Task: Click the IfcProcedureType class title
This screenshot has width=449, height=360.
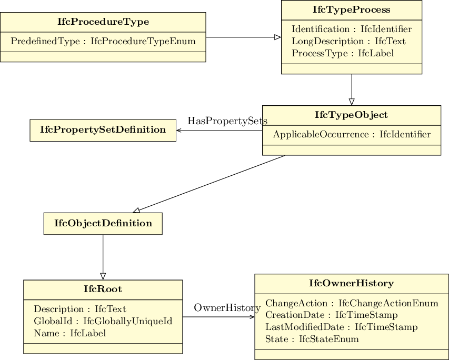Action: (103, 22)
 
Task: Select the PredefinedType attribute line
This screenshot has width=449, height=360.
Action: (103, 41)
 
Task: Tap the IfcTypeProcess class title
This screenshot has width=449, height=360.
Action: (352, 9)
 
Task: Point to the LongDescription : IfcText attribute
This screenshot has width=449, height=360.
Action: (348, 41)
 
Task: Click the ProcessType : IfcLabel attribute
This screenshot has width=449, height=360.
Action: (343, 53)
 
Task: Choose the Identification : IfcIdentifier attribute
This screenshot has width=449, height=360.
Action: (352, 29)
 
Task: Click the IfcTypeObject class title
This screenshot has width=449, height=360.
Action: (352, 115)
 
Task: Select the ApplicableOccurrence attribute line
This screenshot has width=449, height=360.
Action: (352, 134)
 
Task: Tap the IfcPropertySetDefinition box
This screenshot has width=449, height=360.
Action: (103, 130)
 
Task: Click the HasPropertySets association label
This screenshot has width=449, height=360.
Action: (227, 121)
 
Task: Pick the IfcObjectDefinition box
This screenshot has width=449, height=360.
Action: (103, 223)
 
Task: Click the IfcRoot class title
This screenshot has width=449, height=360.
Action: (103, 289)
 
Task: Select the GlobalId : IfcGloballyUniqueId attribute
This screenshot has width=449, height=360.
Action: (103, 321)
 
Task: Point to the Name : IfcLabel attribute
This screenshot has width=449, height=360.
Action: (70, 333)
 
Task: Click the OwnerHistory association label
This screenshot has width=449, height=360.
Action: (227, 308)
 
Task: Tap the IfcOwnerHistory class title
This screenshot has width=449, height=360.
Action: (352, 283)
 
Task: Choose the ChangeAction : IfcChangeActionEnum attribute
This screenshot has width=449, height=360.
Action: (352, 303)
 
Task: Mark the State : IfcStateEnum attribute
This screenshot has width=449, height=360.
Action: (312, 339)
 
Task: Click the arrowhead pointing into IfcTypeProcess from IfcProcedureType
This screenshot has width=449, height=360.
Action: (278, 37)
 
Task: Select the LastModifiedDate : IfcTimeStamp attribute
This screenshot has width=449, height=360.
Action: (342, 327)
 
